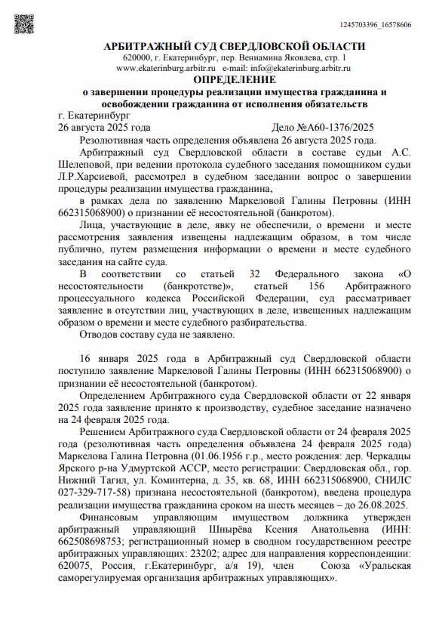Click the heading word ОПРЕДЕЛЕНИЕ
234,79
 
